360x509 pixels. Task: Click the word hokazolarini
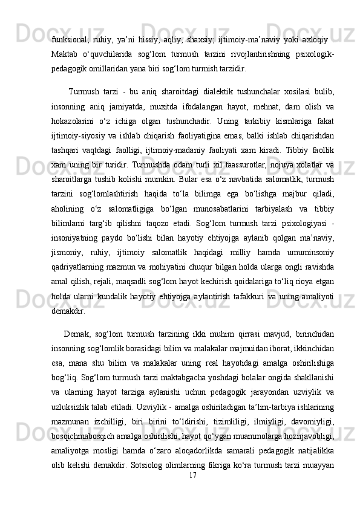75,117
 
